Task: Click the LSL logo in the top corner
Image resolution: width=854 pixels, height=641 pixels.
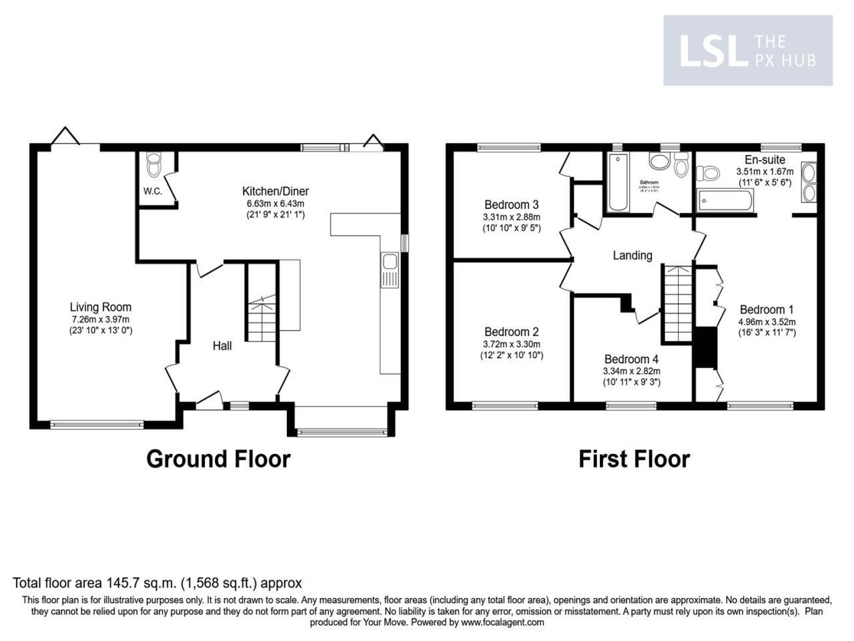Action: point(747,51)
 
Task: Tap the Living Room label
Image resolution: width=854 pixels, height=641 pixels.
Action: point(101,307)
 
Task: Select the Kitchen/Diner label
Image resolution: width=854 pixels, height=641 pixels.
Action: point(276,191)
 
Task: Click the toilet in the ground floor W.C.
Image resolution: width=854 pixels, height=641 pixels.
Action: point(154,165)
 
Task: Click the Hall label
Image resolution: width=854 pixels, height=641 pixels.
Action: point(222,345)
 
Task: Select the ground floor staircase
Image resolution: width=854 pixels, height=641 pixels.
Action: point(261,304)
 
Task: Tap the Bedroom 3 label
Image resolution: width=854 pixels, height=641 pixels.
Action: point(511,204)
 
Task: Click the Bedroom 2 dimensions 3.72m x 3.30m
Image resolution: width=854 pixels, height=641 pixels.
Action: point(511,344)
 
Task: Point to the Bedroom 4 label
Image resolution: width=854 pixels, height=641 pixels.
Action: point(631,359)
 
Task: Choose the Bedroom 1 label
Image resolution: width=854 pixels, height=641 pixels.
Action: point(767,309)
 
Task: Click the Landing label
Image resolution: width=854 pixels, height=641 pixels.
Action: point(632,255)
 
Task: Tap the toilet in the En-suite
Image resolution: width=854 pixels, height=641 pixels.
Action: point(707,174)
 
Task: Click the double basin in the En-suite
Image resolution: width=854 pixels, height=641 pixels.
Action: point(808,182)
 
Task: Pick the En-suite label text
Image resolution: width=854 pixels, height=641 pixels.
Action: point(765,160)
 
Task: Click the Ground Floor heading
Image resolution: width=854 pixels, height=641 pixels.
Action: point(218,459)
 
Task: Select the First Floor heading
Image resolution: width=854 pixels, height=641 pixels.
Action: point(634,459)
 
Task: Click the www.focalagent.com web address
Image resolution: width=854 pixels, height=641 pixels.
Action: point(502,622)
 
